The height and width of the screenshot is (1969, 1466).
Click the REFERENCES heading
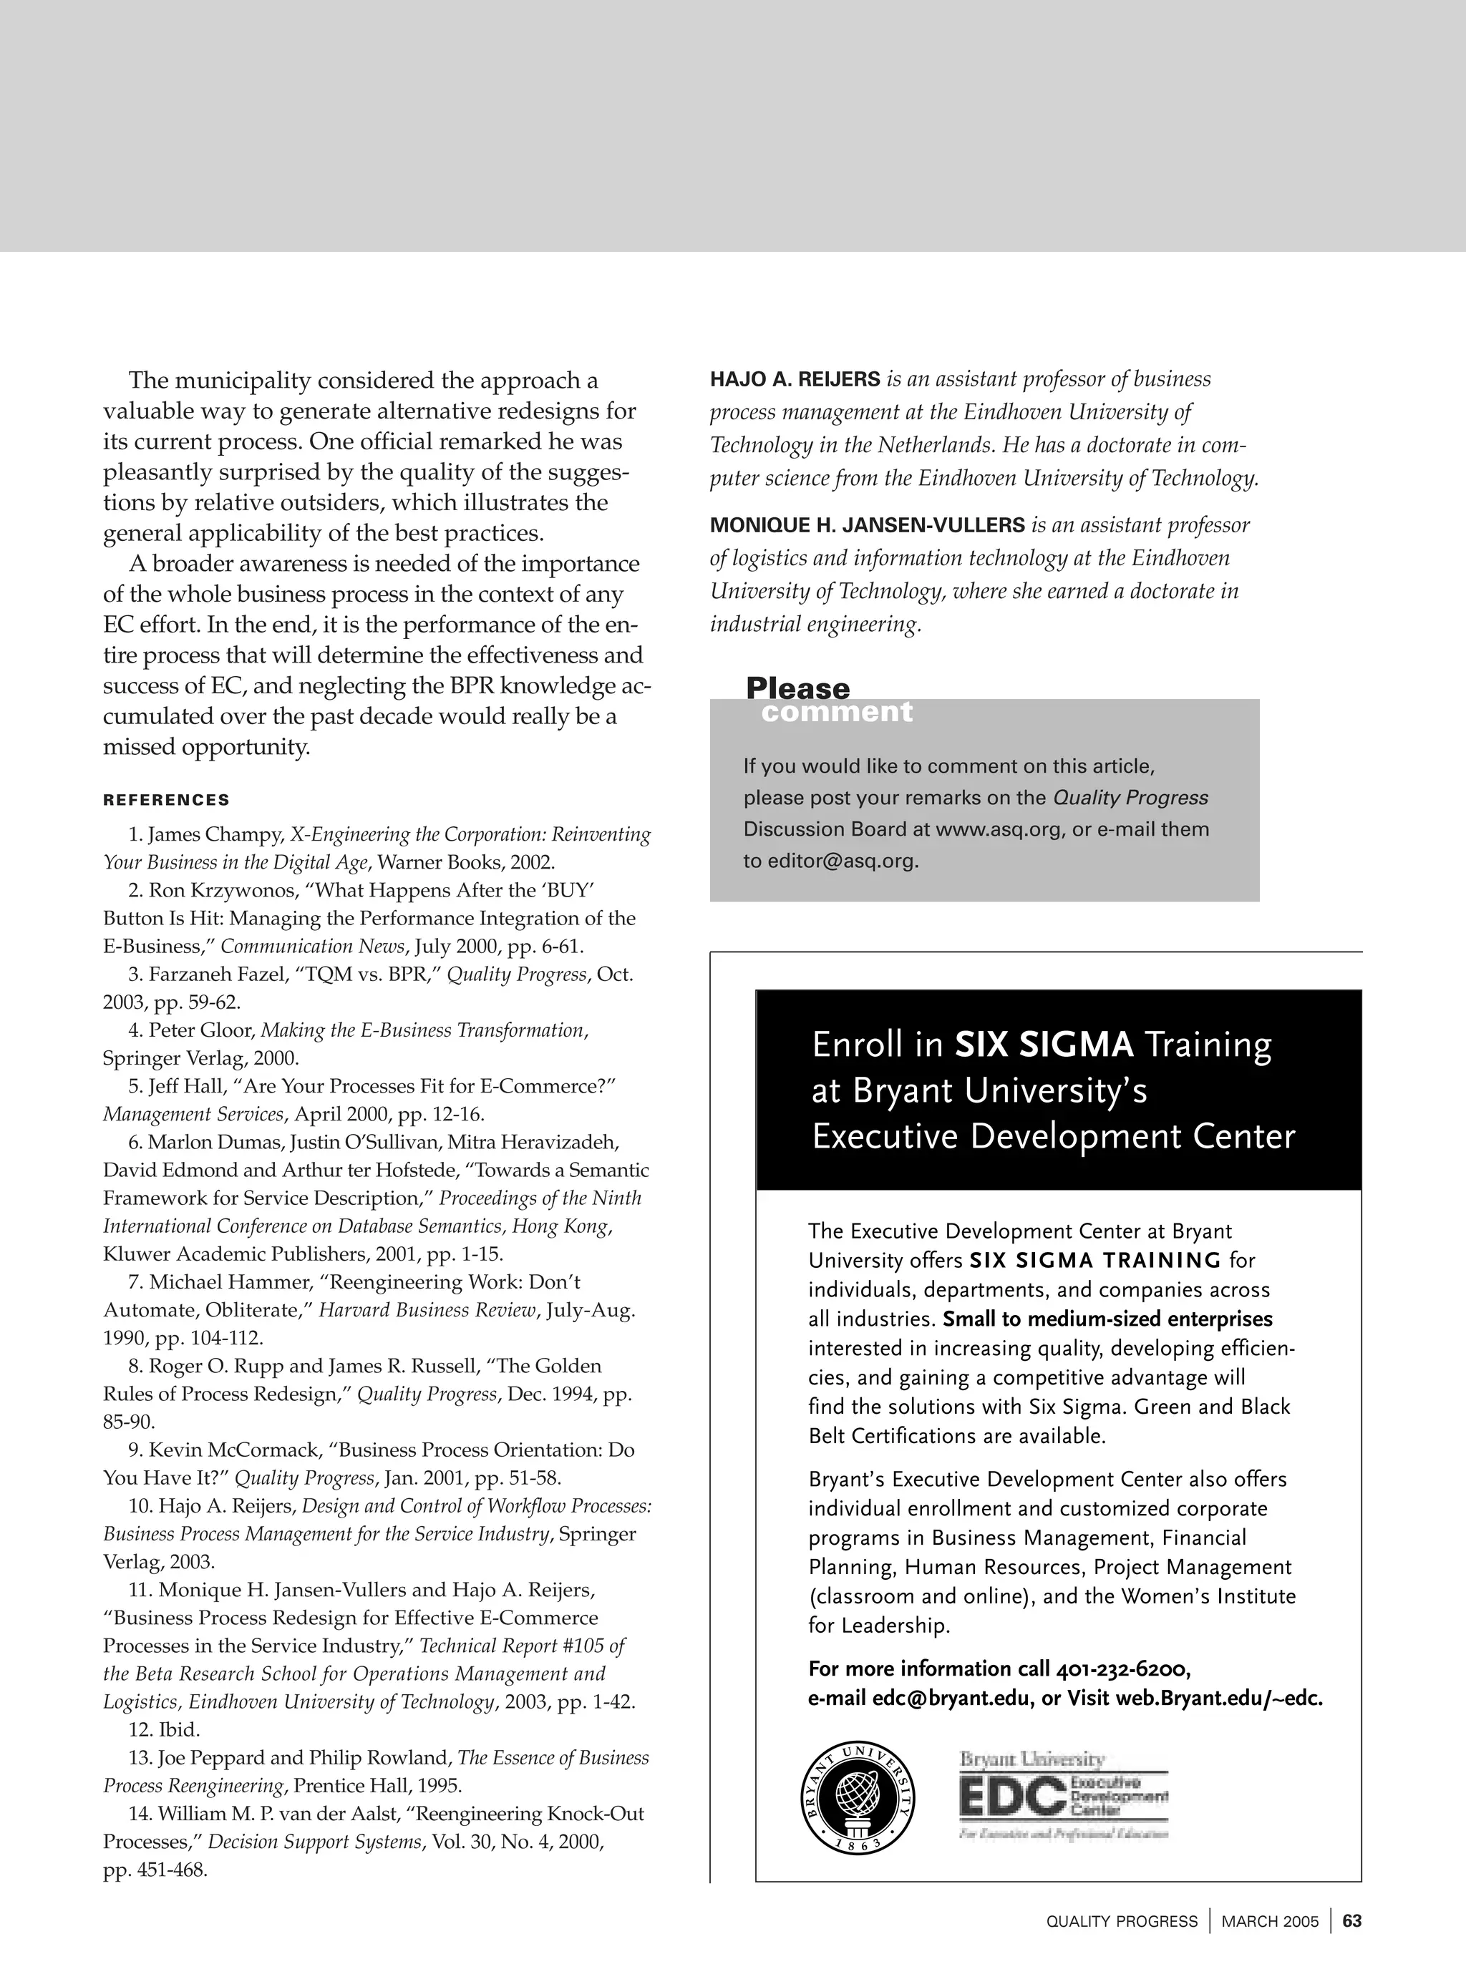coord(166,800)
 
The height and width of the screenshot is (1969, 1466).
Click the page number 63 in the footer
coord(1351,1921)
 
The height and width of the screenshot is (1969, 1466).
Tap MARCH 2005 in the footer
coord(1270,1922)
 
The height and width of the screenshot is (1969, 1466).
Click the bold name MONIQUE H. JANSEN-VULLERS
coord(867,525)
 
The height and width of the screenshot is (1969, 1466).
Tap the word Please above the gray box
coord(797,688)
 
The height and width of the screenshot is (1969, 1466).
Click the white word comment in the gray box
coord(836,711)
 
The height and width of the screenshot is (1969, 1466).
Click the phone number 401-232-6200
coord(1122,1669)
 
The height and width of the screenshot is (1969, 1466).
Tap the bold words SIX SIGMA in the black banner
coord(1044,1045)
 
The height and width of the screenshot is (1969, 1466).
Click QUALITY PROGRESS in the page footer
coord(1122,1922)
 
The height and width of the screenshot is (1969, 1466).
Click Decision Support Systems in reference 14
coord(314,1842)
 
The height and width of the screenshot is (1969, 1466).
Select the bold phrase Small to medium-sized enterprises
coord(1107,1319)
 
